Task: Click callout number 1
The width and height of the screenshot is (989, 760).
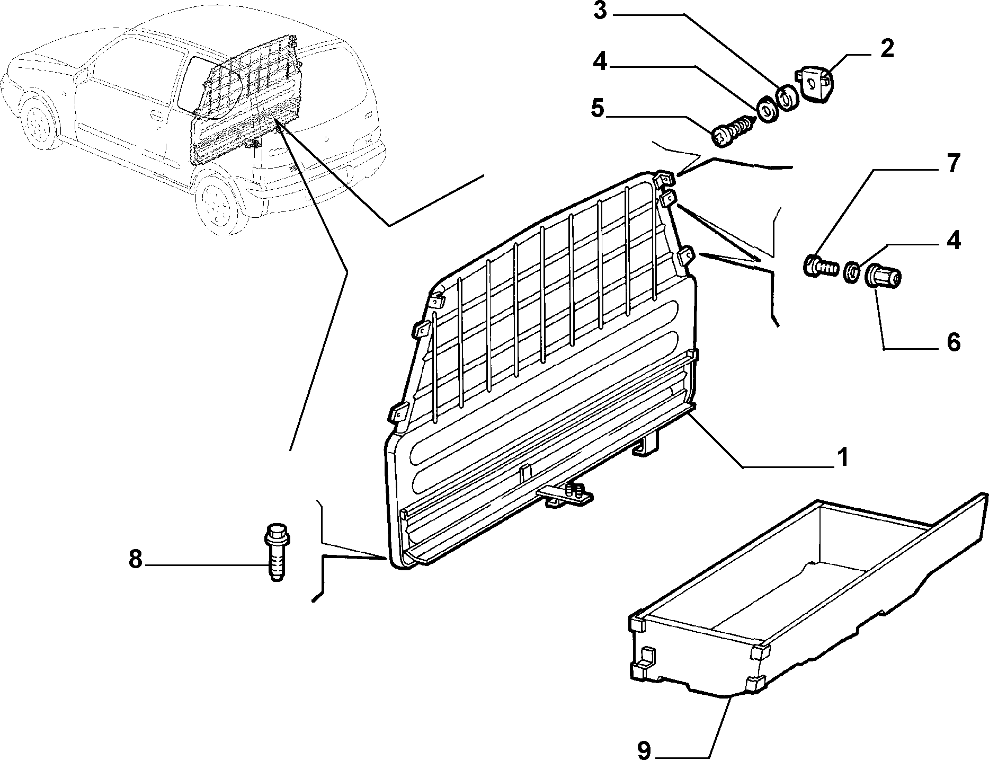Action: coord(842,457)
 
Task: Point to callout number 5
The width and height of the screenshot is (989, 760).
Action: coord(597,108)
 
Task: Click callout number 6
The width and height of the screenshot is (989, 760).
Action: coord(954,343)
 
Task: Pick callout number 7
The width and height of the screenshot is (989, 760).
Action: coord(953,164)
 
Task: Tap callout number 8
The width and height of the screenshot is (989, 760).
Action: coord(136,559)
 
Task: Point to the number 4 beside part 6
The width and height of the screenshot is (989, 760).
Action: coord(953,240)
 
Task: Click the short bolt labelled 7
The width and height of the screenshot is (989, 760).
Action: coord(821,264)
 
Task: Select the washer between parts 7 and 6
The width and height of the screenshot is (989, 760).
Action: coord(852,272)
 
